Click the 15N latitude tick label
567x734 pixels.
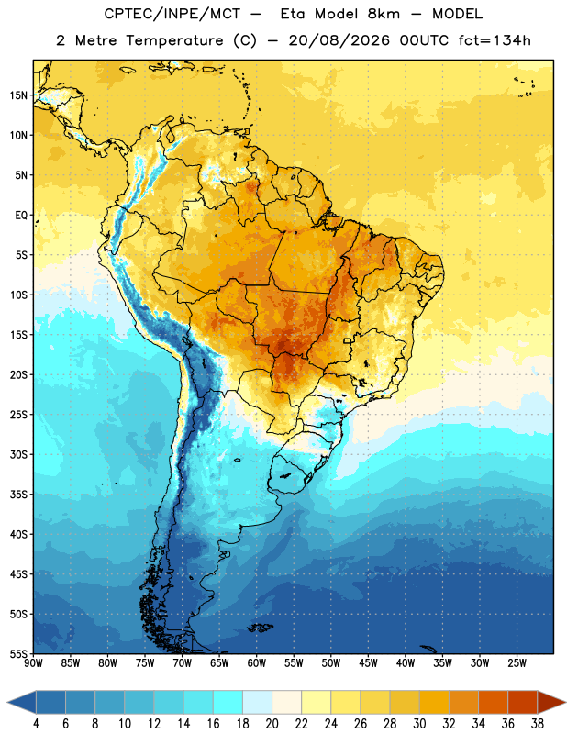pyautogui.click(x=18, y=95)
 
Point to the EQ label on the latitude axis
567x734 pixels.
pyautogui.click(x=21, y=216)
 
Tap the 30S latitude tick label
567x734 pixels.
pyautogui.click(x=18, y=454)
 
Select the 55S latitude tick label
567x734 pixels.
pyautogui.click(x=18, y=653)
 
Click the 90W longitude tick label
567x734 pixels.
pyautogui.click(x=33, y=663)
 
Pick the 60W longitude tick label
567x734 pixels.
pyautogui.click(x=257, y=663)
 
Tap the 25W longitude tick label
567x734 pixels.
pyautogui.click(x=517, y=663)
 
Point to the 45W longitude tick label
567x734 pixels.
pyautogui.click(x=368, y=663)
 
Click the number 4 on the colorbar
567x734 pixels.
pyautogui.click(x=36, y=724)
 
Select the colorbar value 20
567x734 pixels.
pyautogui.click(x=272, y=724)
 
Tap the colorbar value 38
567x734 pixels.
pyautogui.click(x=538, y=724)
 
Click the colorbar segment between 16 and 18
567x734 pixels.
pyautogui.click(x=228, y=703)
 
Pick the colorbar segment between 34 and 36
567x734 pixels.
pyautogui.click(x=493, y=703)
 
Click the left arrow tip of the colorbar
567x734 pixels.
pyautogui.click(x=7, y=703)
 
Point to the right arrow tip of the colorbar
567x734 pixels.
pyautogui.click(x=566, y=703)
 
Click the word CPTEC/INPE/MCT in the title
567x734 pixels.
pyautogui.click(x=172, y=14)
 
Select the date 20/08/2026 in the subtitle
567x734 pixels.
pyautogui.click(x=339, y=40)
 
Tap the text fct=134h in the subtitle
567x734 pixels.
pyautogui.click(x=495, y=40)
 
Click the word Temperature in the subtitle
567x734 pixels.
pyautogui.click(x=174, y=40)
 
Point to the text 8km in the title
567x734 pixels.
pyautogui.click(x=384, y=14)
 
